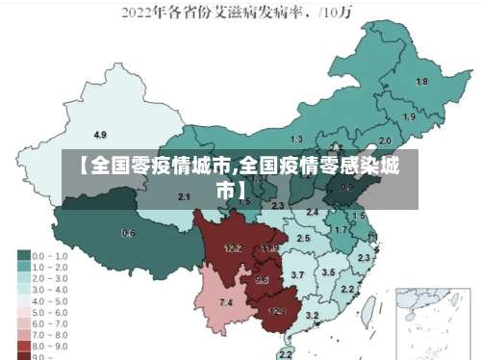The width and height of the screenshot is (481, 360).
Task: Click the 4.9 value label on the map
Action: tap(100, 134)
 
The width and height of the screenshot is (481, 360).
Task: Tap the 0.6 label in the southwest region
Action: tap(128, 233)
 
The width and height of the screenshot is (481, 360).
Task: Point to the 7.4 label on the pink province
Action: tap(226, 303)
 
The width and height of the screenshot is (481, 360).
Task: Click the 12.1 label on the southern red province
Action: tap(277, 311)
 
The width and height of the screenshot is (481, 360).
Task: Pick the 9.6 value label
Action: tap(261, 280)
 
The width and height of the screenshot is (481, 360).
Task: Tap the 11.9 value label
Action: tap(270, 248)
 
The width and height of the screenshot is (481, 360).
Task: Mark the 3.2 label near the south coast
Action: tap(312, 315)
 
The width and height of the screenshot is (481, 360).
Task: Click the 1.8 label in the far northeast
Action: tap(421, 82)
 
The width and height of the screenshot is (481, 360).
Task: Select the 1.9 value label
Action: tap(409, 116)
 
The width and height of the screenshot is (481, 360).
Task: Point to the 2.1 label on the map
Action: tap(184, 196)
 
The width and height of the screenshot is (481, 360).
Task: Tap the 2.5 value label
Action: tap(303, 237)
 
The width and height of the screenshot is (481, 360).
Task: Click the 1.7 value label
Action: tap(340, 230)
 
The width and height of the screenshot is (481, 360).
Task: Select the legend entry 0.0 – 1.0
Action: tap(47, 255)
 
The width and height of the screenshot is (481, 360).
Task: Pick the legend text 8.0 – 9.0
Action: tap(47, 344)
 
